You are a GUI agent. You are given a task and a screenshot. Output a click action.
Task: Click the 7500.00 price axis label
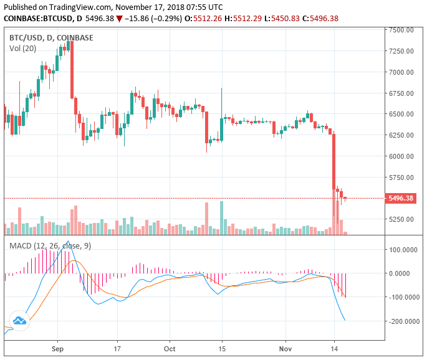tap(401, 30)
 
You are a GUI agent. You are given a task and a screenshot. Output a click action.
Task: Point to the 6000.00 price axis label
tap(401, 156)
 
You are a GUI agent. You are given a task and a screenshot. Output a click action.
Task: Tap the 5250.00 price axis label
tap(401, 219)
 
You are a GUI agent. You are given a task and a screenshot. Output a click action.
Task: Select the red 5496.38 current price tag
tap(401, 199)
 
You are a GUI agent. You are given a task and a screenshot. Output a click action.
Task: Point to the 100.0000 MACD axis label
tap(401, 250)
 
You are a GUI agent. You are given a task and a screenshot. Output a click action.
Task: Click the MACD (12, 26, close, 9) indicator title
tap(50, 246)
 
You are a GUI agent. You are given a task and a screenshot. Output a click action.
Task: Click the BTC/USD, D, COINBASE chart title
tap(51, 37)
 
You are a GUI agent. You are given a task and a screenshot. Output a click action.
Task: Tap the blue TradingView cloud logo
tap(19, 320)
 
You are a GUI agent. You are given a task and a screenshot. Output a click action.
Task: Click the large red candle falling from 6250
tap(334, 161)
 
